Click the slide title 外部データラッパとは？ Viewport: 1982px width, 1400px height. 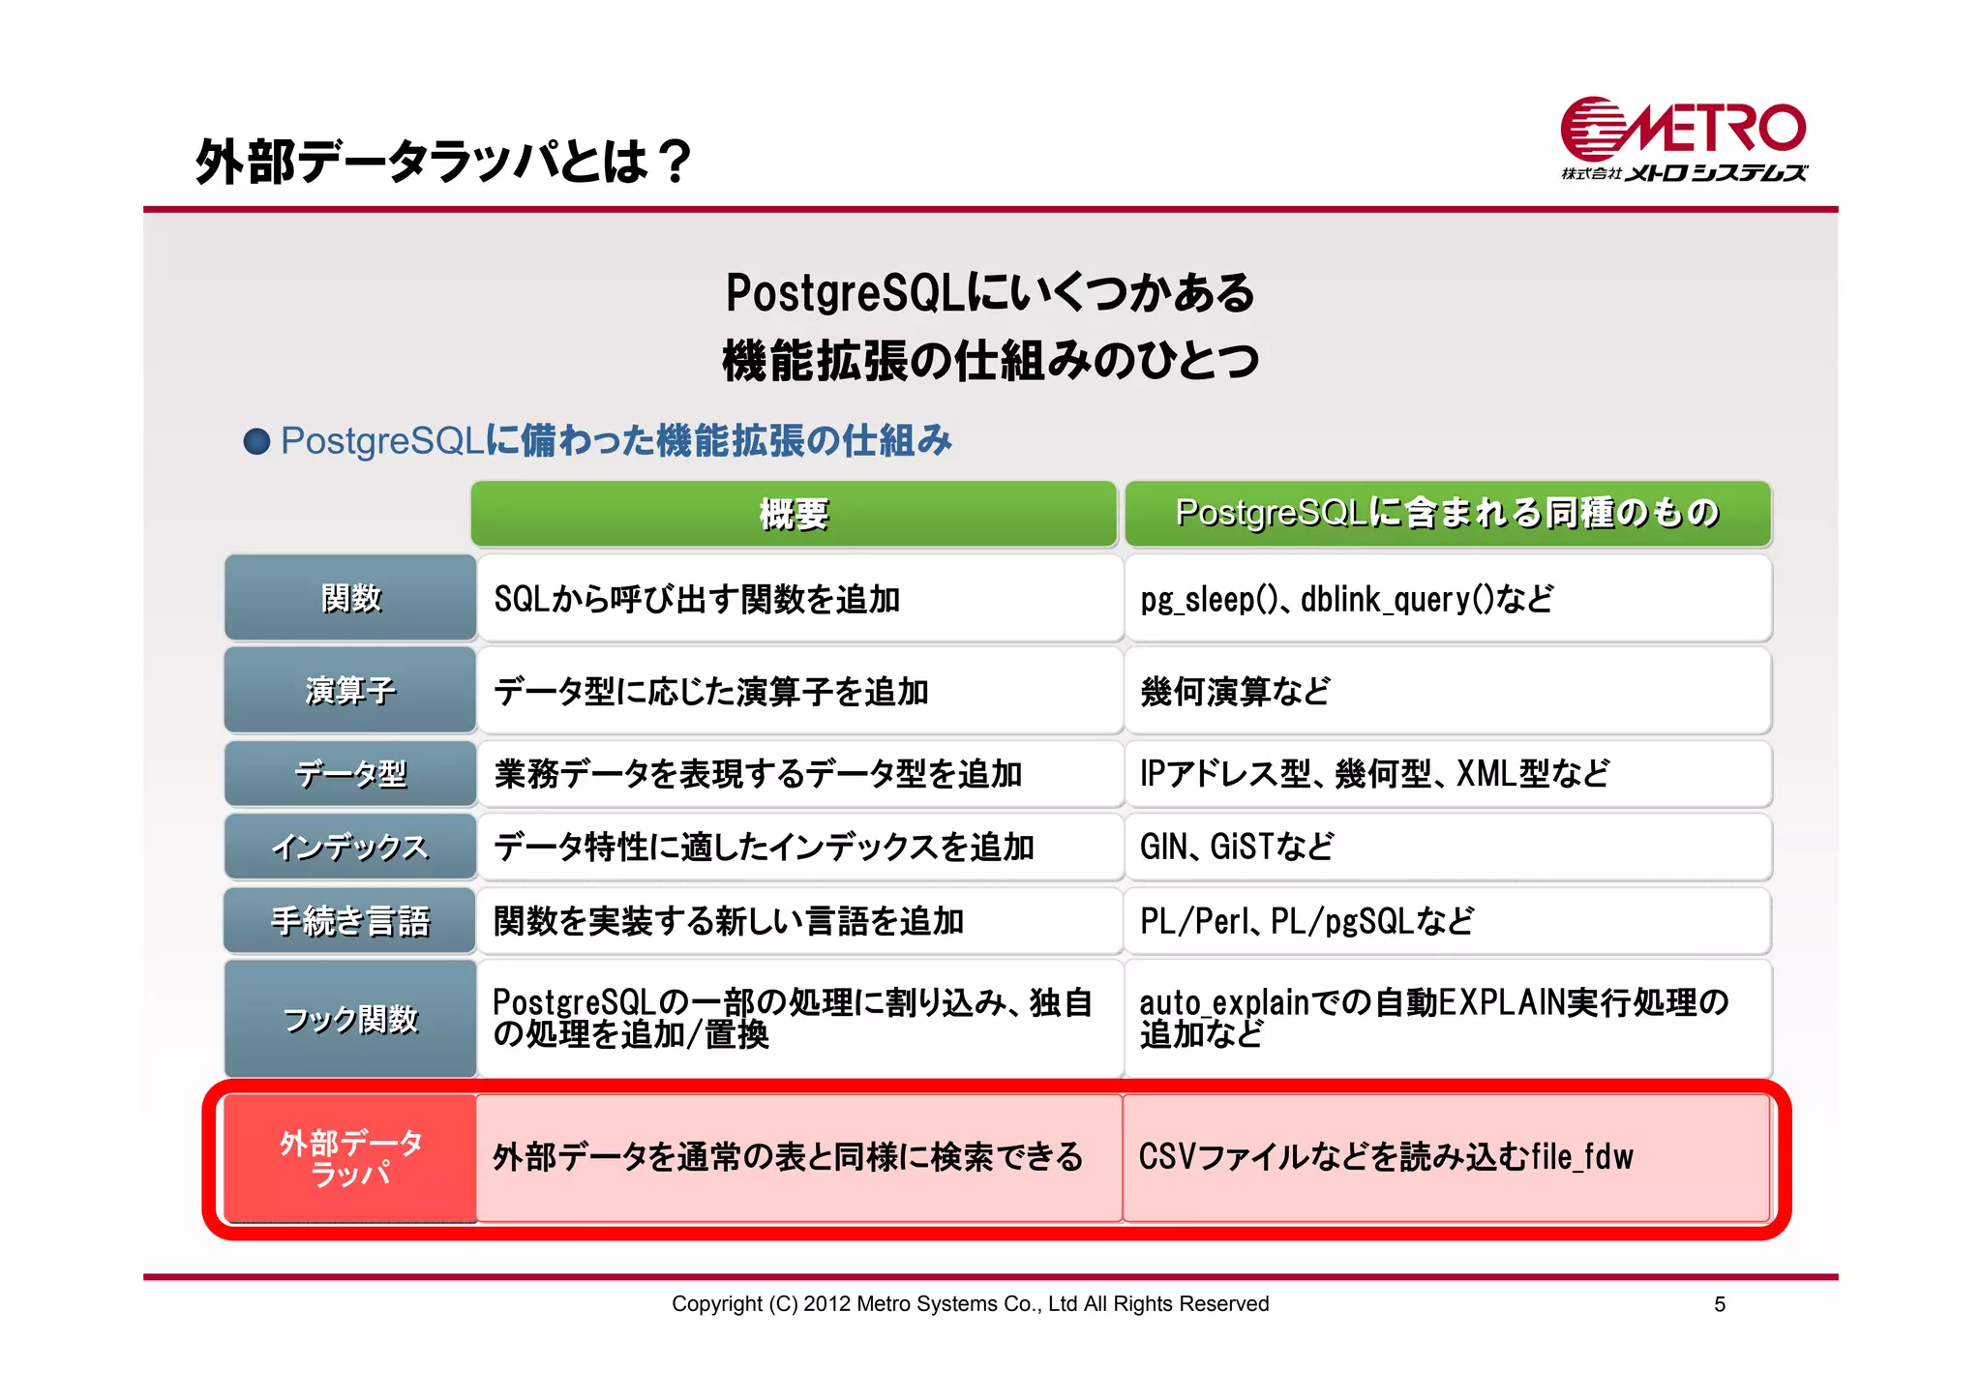444,161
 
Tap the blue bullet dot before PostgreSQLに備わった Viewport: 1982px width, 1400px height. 256,442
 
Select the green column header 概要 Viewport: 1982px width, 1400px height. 794,514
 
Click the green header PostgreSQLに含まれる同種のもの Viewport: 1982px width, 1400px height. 1447,514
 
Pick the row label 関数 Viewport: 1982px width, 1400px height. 350,598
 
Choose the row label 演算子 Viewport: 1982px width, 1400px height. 350,691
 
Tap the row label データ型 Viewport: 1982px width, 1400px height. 350,774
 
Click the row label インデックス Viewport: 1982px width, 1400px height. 350,848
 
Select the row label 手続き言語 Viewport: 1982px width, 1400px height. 350,921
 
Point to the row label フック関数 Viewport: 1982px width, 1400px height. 350,1019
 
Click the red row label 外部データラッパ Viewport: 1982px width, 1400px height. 350,1158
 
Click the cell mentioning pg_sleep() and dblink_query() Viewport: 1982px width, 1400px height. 1447,599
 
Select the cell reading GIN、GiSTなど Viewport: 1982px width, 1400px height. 1447,848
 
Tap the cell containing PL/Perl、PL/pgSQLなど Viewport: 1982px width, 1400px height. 1447,921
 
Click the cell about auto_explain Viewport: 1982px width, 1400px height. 1447,1018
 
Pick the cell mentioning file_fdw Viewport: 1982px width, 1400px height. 1447,1157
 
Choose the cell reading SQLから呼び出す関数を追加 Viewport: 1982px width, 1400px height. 799,599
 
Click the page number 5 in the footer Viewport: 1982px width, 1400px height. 1719,1304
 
